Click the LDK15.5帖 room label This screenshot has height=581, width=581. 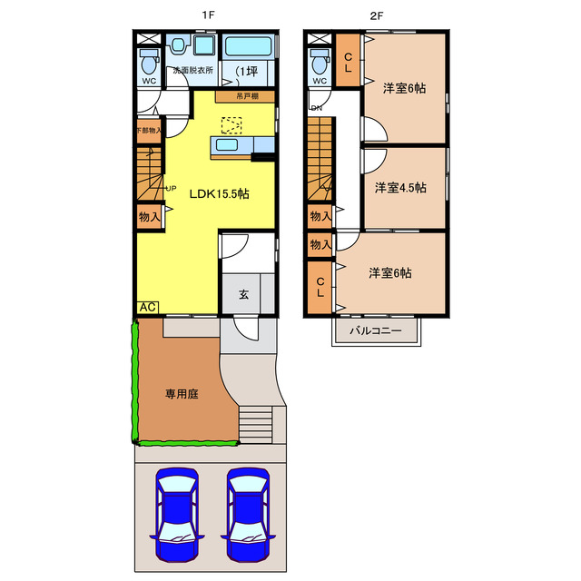tap(219, 194)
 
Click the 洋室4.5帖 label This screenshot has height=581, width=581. tap(401, 188)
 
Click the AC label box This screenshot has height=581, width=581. tap(146, 307)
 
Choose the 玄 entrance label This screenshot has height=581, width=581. tap(244, 295)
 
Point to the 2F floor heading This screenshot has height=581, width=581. tap(377, 15)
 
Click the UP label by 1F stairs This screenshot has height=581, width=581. tap(170, 188)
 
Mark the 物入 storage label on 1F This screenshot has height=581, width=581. tap(149, 216)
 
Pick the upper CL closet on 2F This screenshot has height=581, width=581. tap(347, 61)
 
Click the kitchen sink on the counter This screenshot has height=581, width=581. tap(225, 145)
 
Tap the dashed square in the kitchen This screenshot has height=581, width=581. tap(232, 125)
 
